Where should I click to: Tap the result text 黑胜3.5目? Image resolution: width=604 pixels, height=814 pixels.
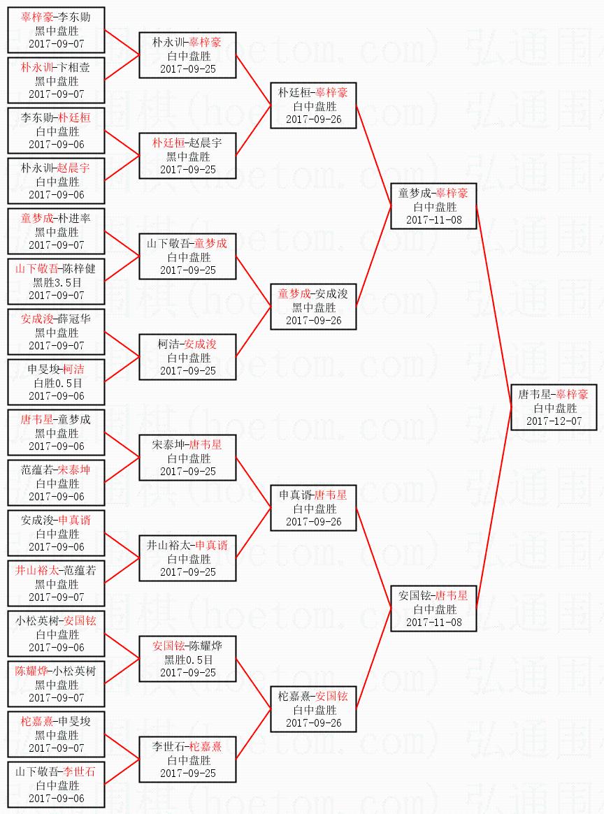[x=57, y=282]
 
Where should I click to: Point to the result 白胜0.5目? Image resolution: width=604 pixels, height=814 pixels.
[x=57, y=383]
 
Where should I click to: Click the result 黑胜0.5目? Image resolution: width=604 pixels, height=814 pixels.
[x=189, y=659]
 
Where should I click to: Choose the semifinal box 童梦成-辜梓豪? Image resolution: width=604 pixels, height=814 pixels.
[x=433, y=206]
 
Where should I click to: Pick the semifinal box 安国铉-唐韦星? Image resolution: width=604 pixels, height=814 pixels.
[x=433, y=609]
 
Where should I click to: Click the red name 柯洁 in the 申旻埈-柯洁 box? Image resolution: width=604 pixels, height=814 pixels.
[x=73, y=369]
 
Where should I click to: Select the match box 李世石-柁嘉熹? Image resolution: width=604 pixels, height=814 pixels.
[x=188, y=760]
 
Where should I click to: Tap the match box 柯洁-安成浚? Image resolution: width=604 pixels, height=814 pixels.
[x=188, y=357]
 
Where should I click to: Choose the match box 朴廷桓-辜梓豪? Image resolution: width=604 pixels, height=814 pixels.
[x=314, y=106]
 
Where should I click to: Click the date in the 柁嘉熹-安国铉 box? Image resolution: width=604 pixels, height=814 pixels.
[x=314, y=722]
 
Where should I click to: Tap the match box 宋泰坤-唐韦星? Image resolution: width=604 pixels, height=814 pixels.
[x=188, y=458]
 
